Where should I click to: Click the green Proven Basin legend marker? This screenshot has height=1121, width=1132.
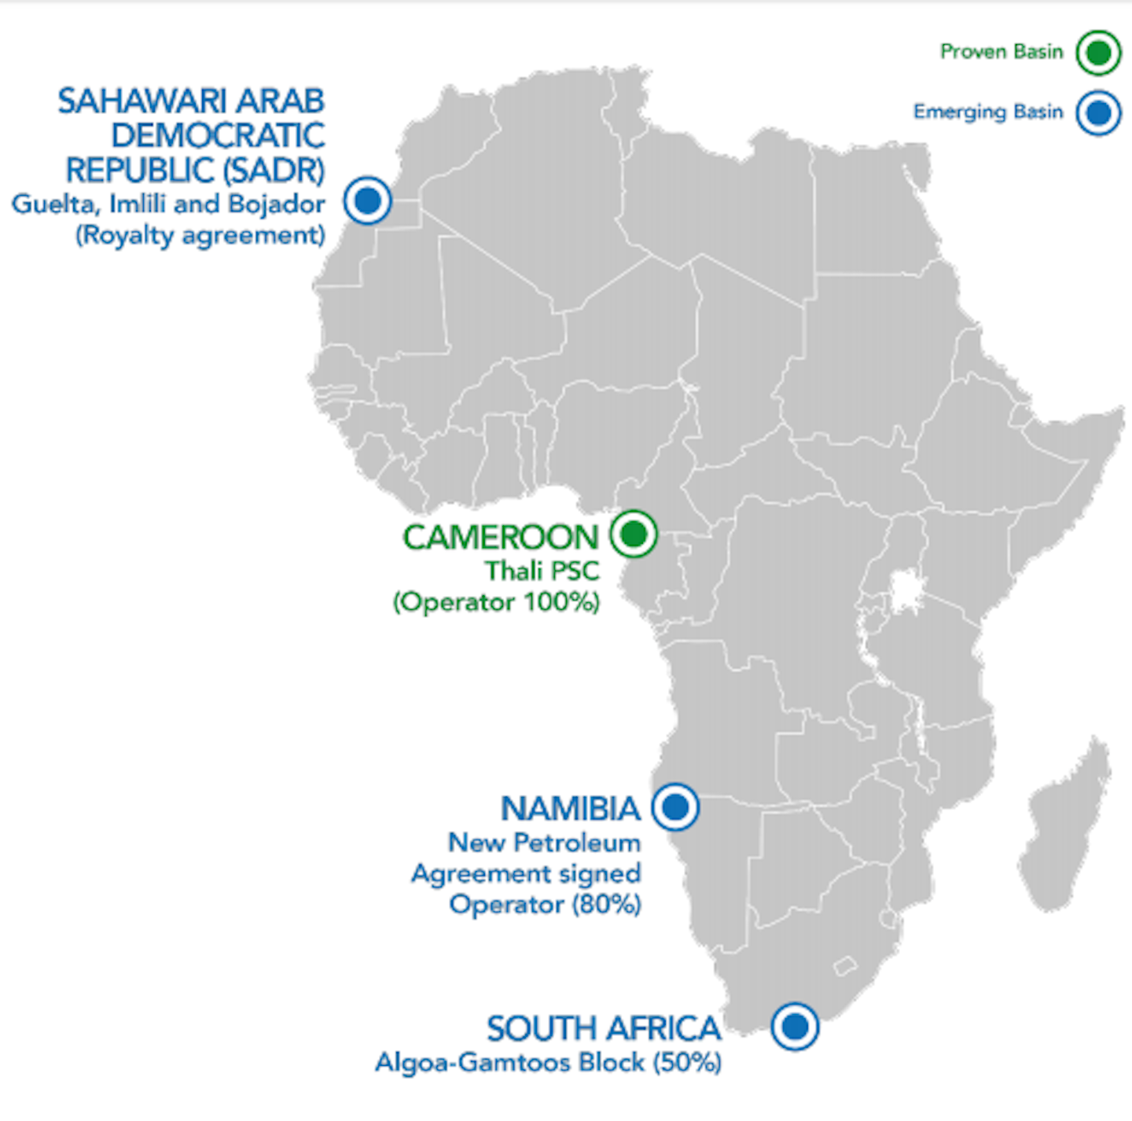[x=1098, y=53]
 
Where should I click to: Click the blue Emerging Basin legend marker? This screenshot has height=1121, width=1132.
[x=1098, y=113]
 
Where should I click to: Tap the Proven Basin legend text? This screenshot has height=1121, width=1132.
[x=1002, y=52]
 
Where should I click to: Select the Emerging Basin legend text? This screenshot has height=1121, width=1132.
[x=987, y=112]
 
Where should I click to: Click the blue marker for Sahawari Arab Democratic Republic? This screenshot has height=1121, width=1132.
[x=367, y=200]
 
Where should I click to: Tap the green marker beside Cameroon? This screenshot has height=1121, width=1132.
[x=633, y=534]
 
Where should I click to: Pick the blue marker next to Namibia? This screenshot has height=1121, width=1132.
[x=675, y=807]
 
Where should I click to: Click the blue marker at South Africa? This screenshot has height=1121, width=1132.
[x=795, y=1026]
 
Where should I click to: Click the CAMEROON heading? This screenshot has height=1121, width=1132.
[x=501, y=538]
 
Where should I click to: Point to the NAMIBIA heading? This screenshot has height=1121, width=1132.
[x=571, y=809]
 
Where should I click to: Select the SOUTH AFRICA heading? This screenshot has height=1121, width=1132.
[x=603, y=1029]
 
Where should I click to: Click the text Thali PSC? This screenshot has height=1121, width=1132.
[x=542, y=571]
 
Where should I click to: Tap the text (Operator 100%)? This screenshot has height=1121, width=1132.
[x=496, y=602]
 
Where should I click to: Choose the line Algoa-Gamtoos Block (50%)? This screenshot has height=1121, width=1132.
[x=548, y=1063]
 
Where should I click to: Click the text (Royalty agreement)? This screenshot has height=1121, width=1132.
[x=200, y=235]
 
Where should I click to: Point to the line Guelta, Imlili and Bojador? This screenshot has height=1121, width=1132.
[x=168, y=204]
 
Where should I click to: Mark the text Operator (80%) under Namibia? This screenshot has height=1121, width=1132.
[x=545, y=904]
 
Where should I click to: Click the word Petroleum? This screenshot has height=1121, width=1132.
[x=577, y=843]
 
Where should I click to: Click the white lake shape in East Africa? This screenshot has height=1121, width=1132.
[x=905, y=591]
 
